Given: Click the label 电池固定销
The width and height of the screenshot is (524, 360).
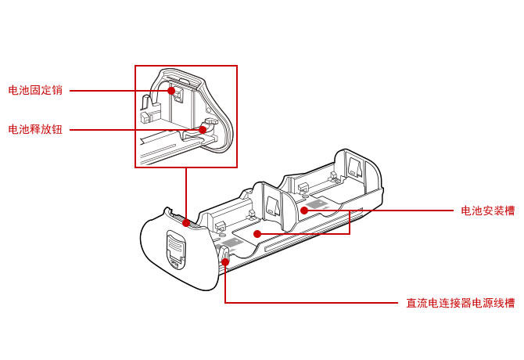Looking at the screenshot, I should [35, 91].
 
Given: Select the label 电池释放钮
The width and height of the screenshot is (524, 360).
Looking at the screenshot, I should [35, 129].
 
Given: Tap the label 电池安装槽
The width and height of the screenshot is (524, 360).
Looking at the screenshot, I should [487, 211].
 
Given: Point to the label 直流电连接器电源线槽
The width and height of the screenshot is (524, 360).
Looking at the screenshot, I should [460, 303].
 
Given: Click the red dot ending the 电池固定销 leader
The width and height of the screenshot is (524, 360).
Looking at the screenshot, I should [170, 91].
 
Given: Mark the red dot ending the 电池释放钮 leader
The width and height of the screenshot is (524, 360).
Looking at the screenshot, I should [203, 129].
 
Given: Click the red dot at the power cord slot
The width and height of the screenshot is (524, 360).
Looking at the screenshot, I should [224, 262].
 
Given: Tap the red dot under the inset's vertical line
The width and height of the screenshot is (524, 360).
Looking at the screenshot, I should [186, 222].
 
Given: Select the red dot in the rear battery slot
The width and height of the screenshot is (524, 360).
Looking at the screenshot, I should [305, 211].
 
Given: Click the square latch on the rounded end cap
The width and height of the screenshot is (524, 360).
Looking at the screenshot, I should [177, 250].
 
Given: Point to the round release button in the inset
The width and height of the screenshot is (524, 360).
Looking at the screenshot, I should [209, 125].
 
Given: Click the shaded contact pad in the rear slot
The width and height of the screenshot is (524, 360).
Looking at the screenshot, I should [316, 205].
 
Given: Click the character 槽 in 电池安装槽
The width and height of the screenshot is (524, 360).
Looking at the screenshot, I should [509, 211].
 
